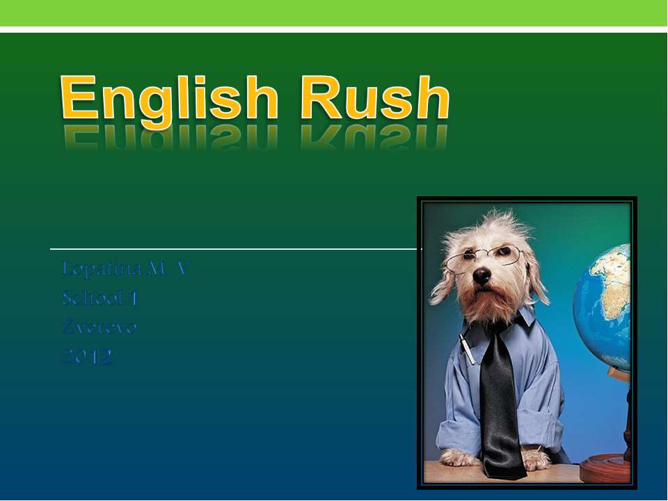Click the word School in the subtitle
pos(91,299)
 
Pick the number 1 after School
pos(134,299)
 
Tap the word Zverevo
pos(99,327)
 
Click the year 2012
pos(86,358)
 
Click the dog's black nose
pos(482,276)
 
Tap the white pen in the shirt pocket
pos(467,348)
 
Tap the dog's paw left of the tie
pos(460,457)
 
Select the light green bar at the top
pos(334,13)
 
